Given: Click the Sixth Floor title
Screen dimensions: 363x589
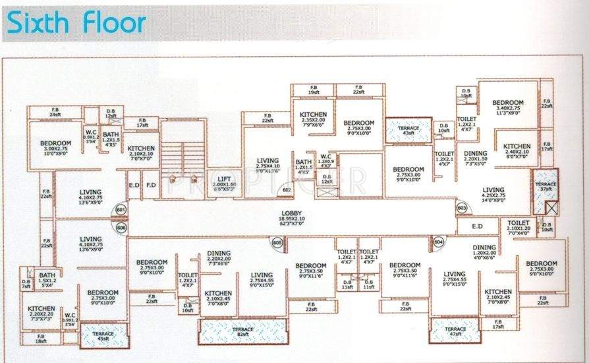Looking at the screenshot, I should coord(75,23).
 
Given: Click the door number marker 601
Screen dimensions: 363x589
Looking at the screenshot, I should coord(121,211).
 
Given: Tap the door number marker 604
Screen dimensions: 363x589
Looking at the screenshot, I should coord(438,243).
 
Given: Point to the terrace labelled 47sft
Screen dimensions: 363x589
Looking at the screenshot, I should coord(455,330).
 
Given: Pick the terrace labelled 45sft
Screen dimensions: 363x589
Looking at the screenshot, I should coord(103,335).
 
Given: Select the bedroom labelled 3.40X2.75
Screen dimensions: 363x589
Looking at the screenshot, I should coord(507,106).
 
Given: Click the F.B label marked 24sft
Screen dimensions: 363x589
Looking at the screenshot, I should coord(55,112).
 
